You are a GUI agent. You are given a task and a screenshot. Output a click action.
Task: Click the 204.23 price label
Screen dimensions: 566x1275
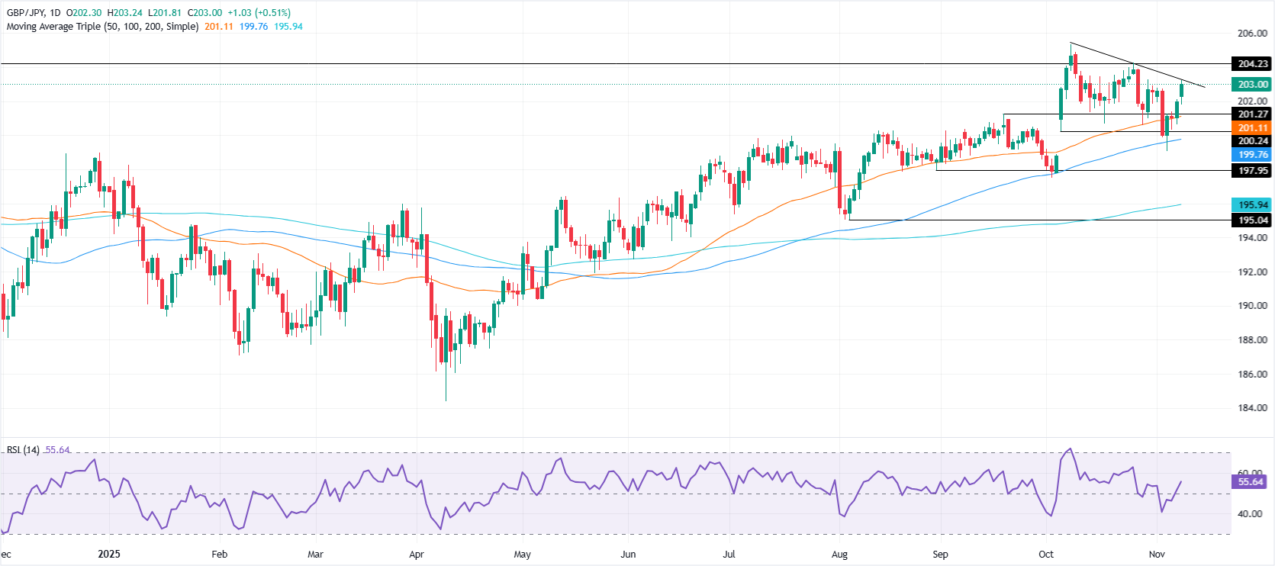1253,64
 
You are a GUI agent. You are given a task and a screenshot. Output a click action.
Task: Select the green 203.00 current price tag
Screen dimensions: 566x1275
1253,85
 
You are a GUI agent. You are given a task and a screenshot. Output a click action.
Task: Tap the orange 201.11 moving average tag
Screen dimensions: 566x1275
1253,128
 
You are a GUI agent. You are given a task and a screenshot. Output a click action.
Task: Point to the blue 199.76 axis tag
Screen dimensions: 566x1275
1253,155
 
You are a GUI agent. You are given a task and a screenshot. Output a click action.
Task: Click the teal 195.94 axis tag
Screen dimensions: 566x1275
1253,204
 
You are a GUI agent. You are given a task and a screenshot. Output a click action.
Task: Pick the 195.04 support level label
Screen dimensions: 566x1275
1253,220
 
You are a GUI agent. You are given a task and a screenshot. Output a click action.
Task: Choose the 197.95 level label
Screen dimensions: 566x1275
1253,171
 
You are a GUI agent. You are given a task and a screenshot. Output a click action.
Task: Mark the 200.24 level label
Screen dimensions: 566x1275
1253,141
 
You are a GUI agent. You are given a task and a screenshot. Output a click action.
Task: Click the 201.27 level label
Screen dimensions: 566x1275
1253,114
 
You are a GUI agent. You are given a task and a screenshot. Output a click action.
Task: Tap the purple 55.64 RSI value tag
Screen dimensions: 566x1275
1251,482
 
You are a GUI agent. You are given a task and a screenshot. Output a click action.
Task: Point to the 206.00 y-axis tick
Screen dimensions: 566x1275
1252,34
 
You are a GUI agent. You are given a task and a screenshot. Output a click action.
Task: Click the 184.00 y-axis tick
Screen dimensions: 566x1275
1252,408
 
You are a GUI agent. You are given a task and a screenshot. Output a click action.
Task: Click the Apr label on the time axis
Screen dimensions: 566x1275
416,555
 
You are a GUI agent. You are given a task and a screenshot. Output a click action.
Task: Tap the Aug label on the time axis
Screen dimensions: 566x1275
839,555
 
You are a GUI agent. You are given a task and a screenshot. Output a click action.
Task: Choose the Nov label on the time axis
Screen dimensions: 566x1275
1157,555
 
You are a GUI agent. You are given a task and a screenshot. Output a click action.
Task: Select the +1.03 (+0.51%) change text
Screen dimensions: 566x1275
259,13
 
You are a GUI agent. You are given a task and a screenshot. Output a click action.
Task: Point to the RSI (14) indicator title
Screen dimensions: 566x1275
23,450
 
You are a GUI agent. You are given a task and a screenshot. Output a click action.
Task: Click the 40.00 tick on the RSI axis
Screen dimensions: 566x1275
1250,514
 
